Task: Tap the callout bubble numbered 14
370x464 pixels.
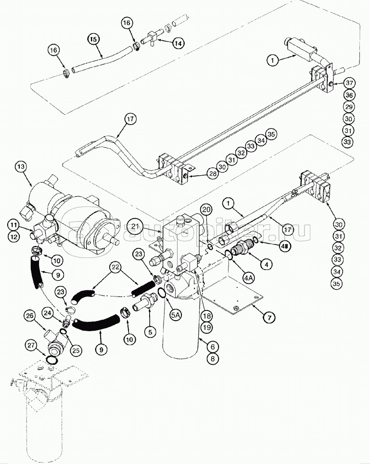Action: [x=178, y=43]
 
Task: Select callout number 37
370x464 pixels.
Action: [x=349, y=82]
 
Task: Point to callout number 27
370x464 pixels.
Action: [x=31, y=345]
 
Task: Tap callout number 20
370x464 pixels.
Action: [x=206, y=210]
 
